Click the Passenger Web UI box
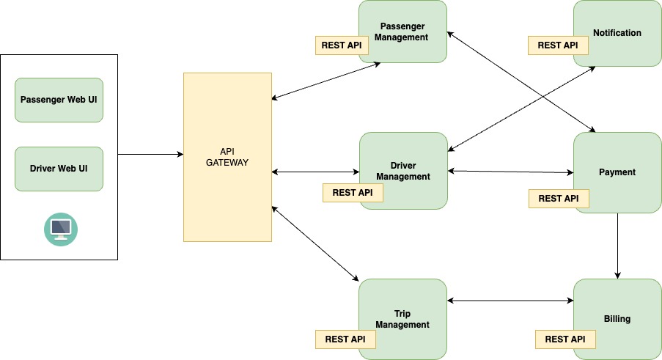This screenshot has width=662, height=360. point(59,100)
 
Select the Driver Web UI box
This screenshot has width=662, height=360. point(59,169)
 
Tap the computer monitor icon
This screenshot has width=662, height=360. point(60,229)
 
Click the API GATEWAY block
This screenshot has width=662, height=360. point(227,157)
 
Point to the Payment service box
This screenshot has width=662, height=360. point(617,166)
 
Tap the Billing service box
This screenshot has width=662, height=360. point(617,312)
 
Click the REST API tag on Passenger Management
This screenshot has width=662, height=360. point(341,45)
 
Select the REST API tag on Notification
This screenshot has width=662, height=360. point(558,45)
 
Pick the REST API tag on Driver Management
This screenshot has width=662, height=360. point(353,193)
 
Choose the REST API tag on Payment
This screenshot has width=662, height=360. point(558,199)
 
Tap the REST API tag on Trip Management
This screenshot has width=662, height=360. point(345,339)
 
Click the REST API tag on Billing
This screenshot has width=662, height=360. point(565,339)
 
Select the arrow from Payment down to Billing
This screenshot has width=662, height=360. point(617,246)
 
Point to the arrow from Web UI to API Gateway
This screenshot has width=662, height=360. point(150,155)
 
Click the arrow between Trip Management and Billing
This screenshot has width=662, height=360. point(510,301)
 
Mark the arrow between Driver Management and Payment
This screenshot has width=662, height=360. point(510,172)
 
